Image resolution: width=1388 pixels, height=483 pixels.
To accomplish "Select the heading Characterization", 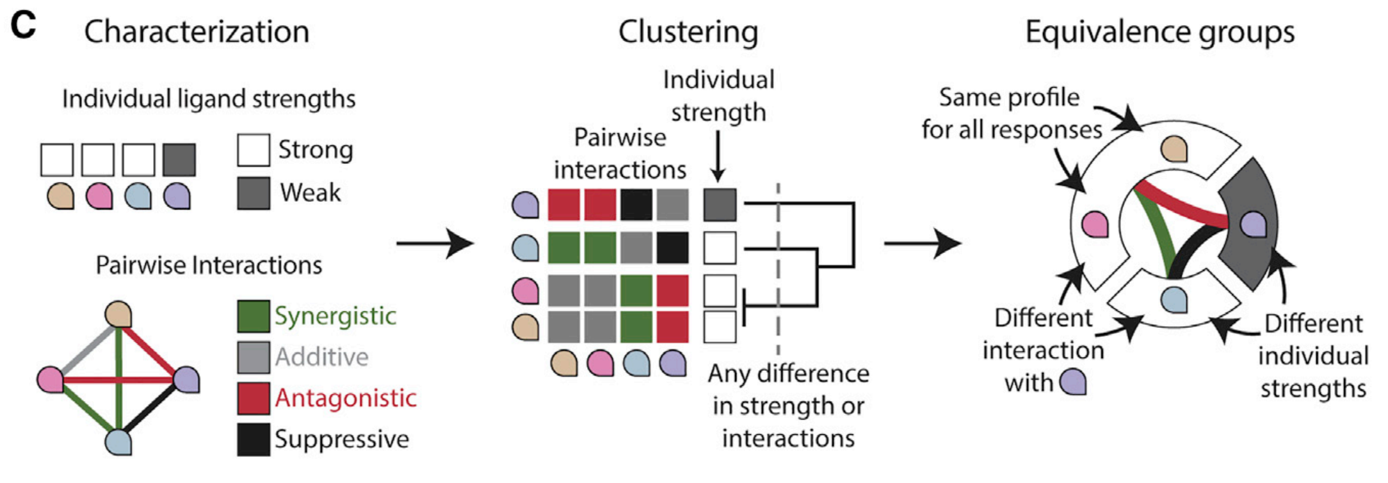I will (197, 31).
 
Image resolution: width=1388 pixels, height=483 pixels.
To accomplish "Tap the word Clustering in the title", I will (688, 31).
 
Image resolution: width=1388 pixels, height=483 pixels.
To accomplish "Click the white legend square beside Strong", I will (254, 150).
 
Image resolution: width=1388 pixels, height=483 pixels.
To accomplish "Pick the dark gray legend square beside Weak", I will (254, 193).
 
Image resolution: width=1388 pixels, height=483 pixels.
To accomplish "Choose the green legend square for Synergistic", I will (254, 316).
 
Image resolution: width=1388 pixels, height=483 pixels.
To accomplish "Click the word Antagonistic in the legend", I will (346, 398).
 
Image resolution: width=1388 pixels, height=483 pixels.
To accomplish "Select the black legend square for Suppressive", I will (254, 439).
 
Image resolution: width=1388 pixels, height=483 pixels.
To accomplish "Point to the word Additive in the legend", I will (322, 357).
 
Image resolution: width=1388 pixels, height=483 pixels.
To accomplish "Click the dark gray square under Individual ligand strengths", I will (179, 160).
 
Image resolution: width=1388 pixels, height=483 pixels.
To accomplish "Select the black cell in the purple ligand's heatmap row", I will (636, 205).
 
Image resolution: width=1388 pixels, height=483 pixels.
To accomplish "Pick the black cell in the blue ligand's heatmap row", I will (673, 248).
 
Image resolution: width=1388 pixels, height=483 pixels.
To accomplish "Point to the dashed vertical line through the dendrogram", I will (779, 269).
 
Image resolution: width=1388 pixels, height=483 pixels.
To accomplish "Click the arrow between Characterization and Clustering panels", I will (435, 243).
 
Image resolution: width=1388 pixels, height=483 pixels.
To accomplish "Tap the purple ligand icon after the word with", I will (1073, 382).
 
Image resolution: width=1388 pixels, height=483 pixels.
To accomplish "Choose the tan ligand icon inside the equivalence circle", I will (1174, 149).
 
